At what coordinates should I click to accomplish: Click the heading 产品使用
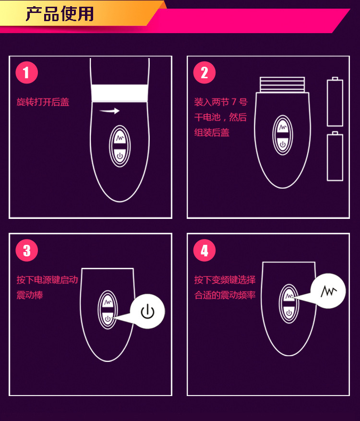pos(60,14)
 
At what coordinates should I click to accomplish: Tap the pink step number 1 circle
pos(26,73)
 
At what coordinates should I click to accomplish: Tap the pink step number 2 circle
pos(204,73)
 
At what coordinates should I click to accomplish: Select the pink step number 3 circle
pos(26,251)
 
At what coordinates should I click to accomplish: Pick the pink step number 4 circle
pos(204,251)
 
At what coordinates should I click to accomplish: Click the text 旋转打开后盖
pos(43,102)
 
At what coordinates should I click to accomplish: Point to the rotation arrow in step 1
pos(109,111)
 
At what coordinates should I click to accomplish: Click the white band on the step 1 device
pos(120,93)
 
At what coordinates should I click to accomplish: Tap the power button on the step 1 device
pos(120,156)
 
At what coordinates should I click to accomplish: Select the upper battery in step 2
pos(335,102)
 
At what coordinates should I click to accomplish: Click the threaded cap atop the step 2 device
pos(282,84)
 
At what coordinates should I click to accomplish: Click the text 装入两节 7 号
pos(220,102)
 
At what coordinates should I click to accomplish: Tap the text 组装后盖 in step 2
pos(212,132)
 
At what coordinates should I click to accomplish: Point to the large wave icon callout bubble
pos(328,291)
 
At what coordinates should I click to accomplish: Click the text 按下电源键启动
pos(47,280)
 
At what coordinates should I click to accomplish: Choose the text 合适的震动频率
pos(225,295)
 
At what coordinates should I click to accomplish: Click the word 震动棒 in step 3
pos(30,295)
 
